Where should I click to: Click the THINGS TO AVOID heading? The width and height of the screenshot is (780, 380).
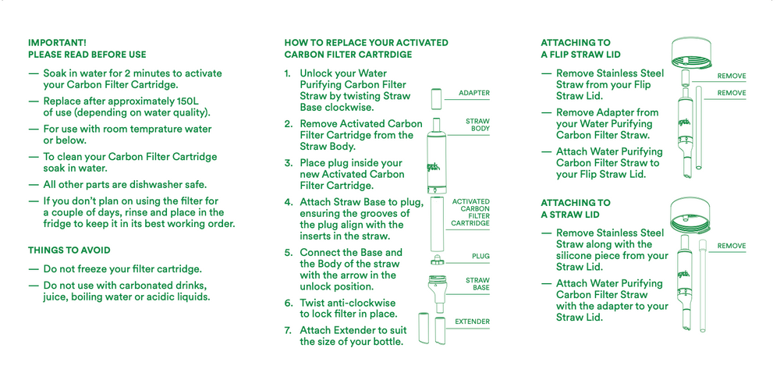click(69, 250)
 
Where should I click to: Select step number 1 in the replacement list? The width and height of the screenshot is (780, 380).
click(287, 73)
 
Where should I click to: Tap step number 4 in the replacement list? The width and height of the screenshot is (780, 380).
click(288, 202)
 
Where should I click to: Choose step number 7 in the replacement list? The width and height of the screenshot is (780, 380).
click(288, 330)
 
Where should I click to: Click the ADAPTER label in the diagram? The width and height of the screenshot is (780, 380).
click(474, 93)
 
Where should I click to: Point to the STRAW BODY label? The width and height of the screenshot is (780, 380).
click(477, 125)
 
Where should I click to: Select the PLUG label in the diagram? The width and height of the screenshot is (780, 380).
click(480, 256)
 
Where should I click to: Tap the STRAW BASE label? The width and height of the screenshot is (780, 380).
click(477, 284)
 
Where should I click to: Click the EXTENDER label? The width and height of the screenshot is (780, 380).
click(472, 321)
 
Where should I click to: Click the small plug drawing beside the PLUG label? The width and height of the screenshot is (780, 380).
click(438, 260)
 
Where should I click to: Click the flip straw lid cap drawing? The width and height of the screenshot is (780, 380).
click(691, 51)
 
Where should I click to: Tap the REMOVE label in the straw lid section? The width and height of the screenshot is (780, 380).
click(731, 246)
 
